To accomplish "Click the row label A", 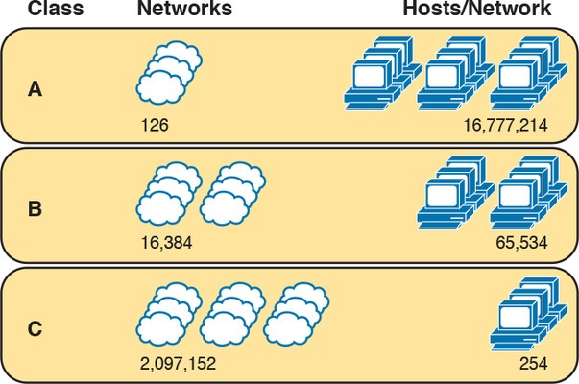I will pyautogui.click(x=35, y=89).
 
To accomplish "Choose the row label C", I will pyautogui.click(x=35, y=329).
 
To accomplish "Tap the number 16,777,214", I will pyautogui.click(x=505, y=124).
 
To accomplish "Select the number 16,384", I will pyautogui.click(x=166, y=243).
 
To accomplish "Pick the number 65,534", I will pyautogui.click(x=522, y=243).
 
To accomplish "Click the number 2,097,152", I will pyautogui.click(x=178, y=365).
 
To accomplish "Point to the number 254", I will pyautogui.click(x=534, y=365).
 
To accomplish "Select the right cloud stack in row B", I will pyautogui.click(x=231, y=192).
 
